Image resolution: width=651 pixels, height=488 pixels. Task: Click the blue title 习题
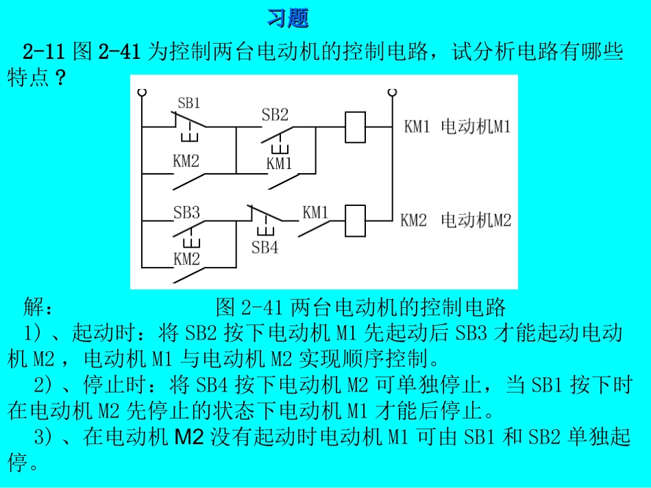(x=288, y=18)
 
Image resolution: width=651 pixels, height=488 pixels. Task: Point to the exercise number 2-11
(x=44, y=51)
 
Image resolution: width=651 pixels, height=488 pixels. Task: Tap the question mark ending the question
(x=60, y=77)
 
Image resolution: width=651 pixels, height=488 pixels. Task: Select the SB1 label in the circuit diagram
(x=189, y=103)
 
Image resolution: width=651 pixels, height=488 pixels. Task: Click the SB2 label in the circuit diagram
(x=275, y=114)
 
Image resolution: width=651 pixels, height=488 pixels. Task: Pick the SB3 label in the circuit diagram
(x=186, y=213)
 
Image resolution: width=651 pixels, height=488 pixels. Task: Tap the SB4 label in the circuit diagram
(x=265, y=248)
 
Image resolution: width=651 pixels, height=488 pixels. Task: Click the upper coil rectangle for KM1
(x=356, y=127)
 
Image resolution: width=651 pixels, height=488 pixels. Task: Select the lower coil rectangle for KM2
(x=356, y=220)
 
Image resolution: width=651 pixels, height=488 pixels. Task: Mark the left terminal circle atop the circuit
(x=142, y=92)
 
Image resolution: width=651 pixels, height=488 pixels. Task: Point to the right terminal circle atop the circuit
(x=392, y=92)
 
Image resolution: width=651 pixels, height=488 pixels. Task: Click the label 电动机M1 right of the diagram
(x=476, y=127)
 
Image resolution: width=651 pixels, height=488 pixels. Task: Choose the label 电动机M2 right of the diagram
(x=476, y=220)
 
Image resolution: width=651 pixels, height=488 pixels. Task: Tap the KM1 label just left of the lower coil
(x=315, y=213)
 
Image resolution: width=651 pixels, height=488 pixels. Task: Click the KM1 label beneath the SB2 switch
(x=279, y=164)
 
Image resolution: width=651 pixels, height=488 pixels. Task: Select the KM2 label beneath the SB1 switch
(x=186, y=161)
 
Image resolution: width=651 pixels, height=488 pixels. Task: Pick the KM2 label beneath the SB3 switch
(x=186, y=259)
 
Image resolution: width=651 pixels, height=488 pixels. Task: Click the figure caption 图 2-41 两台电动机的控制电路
(x=360, y=307)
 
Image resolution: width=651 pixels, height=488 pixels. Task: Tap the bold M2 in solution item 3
(x=189, y=437)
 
